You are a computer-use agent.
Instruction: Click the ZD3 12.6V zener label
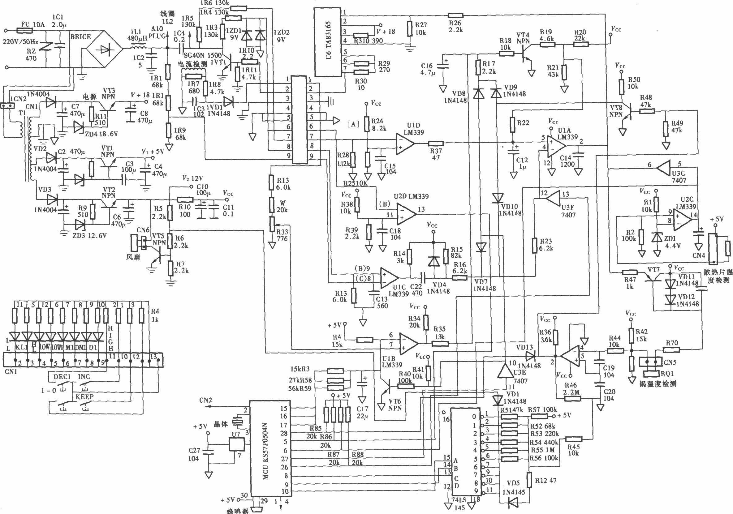pyautogui.click(x=90, y=236)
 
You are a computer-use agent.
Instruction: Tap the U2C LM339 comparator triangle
pyautogui.click(x=682, y=220)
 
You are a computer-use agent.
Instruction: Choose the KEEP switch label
pyautogui.click(x=84, y=396)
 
